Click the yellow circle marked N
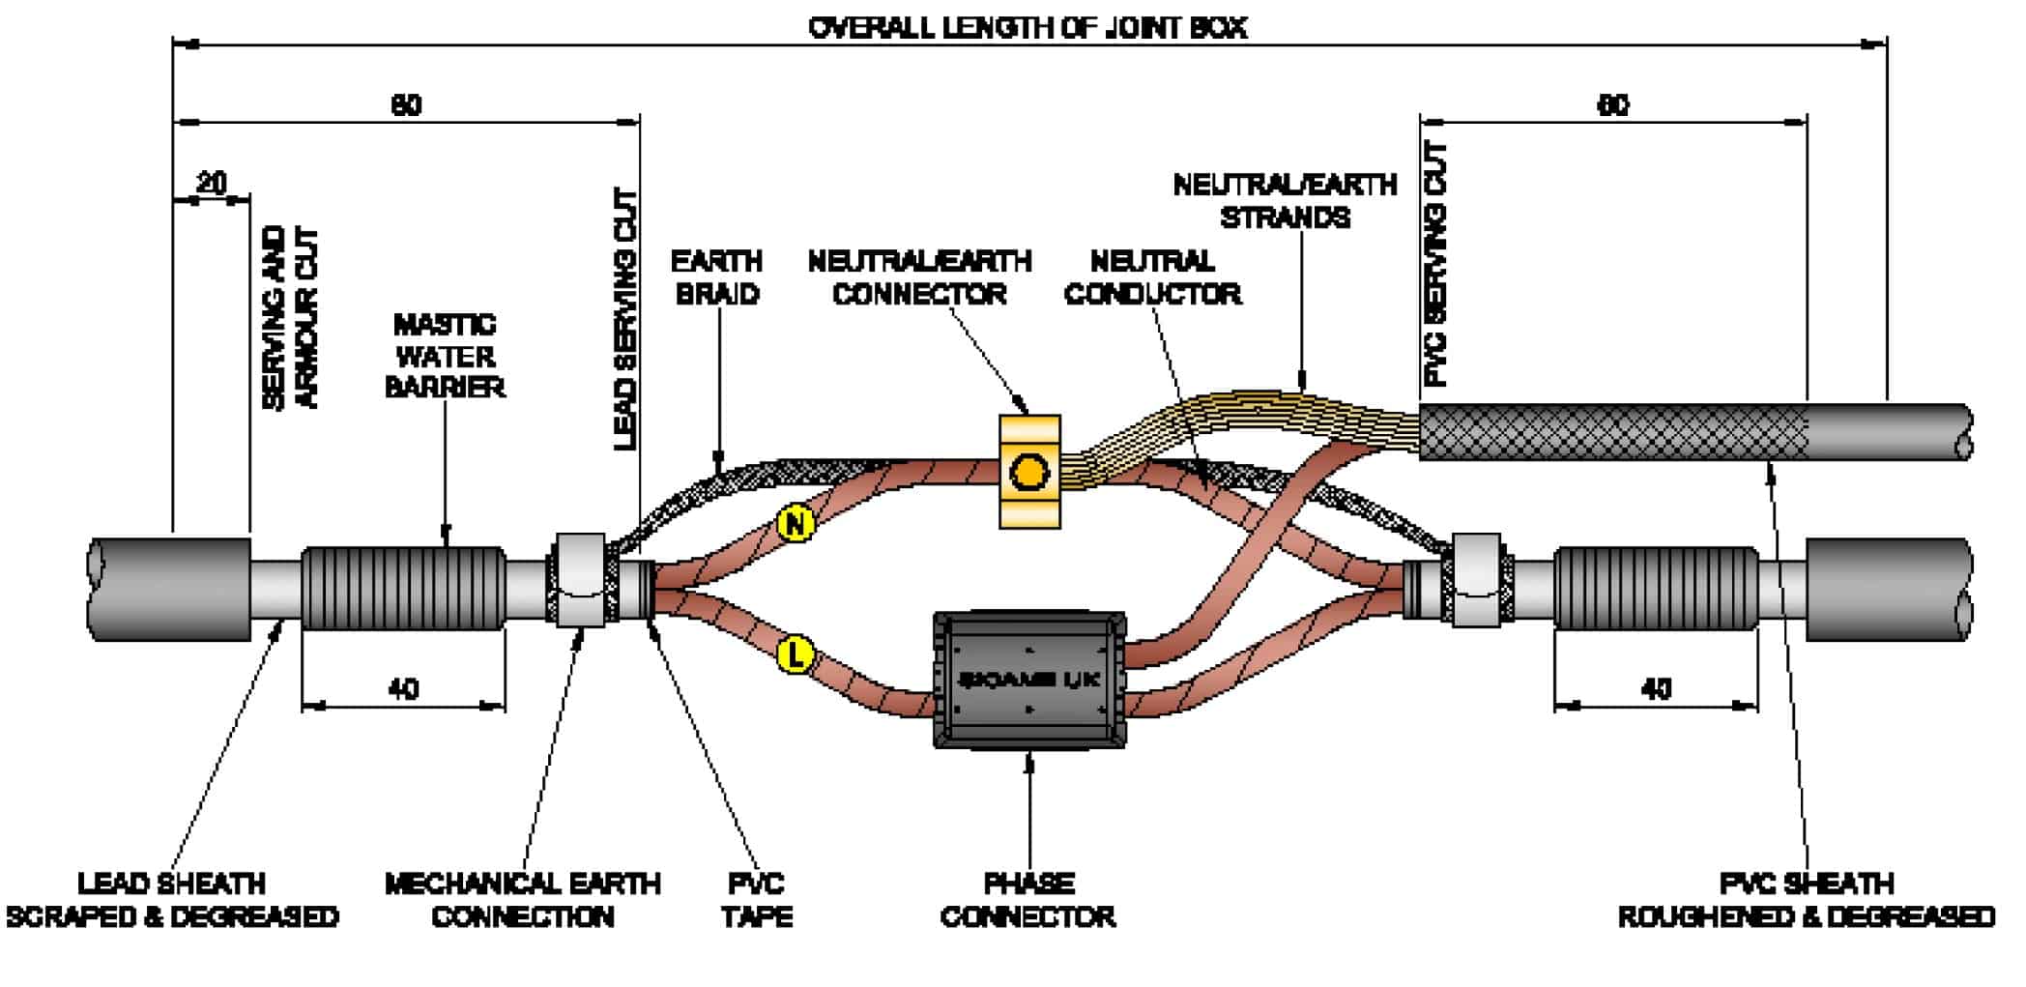coord(796,524)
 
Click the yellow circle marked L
coord(796,655)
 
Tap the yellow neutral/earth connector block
coord(1028,472)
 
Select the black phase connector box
coord(1028,680)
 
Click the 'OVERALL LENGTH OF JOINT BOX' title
coord(1027,27)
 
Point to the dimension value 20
coord(212,182)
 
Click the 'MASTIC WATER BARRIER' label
coord(445,356)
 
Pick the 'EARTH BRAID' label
coord(716,277)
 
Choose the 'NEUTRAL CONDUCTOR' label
coord(1152,277)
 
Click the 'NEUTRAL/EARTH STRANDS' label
coord(1285,201)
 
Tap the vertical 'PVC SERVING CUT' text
coord(1436,264)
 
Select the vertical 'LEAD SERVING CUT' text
coord(626,319)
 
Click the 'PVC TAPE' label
coord(756,900)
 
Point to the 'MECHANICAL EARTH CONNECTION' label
coord(522,900)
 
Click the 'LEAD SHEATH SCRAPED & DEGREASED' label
coord(172,900)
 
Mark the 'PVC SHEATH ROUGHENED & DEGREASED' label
coord(1806,900)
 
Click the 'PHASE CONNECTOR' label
coord(1027,900)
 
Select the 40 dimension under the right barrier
coord(1656,689)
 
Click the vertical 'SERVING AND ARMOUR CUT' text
coord(289,319)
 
